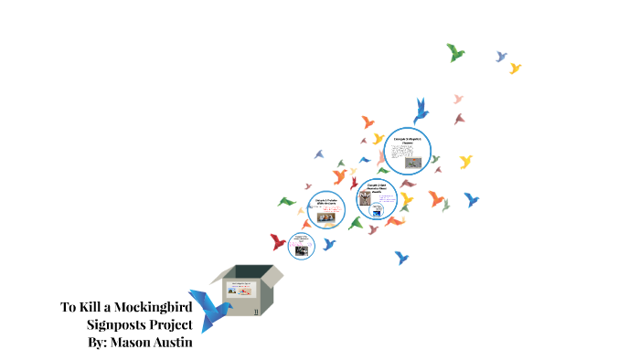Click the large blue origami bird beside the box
click(x=207, y=306)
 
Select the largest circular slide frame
click(x=407, y=150)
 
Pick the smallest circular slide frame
click(x=302, y=244)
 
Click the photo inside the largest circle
click(x=414, y=163)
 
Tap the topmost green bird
click(x=455, y=52)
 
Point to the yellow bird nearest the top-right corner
click(x=515, y=68)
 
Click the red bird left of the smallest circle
click(x=278, y=241)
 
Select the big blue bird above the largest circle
click(x=421, y=110)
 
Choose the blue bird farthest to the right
click(x=472, y=198)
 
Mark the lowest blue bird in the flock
click(x=400, y=258)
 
